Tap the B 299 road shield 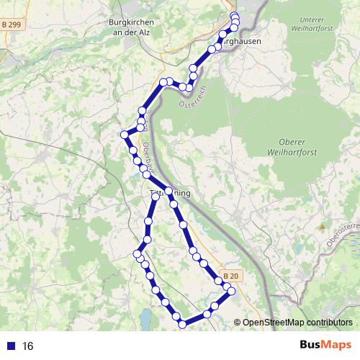(11, 24)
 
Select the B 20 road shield (230, 276)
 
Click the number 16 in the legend (28, 346)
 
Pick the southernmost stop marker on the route (182, 325)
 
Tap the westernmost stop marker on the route (124, 134)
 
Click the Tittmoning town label (169, 194)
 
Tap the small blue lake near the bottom (146, 318)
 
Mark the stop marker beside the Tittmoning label (168, 192)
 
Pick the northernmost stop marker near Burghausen (234, 16)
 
